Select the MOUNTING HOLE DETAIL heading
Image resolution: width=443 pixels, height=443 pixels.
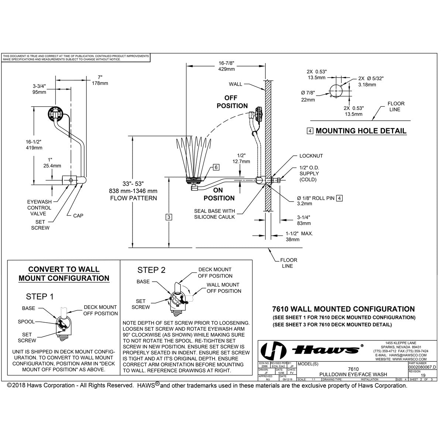361,131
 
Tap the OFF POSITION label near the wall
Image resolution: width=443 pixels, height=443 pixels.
232,102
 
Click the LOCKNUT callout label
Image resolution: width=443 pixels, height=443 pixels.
311,156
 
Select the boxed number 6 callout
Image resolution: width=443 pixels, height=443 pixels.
216,167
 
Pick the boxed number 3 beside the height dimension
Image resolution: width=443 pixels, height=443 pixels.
169,217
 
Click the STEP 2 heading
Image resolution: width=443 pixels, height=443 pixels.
151,270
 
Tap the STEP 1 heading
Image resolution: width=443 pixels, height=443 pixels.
40,296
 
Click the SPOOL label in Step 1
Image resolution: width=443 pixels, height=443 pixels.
26,322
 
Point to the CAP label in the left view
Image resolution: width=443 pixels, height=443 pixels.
78,216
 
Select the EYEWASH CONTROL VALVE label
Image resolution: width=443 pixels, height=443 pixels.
39,207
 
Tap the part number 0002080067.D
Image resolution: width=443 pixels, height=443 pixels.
423,368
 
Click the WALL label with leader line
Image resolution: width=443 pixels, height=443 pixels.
236,84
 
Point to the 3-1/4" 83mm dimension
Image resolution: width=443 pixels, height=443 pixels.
304,220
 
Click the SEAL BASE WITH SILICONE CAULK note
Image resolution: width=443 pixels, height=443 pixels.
214,214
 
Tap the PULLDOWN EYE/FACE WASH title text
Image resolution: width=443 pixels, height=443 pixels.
353,374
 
